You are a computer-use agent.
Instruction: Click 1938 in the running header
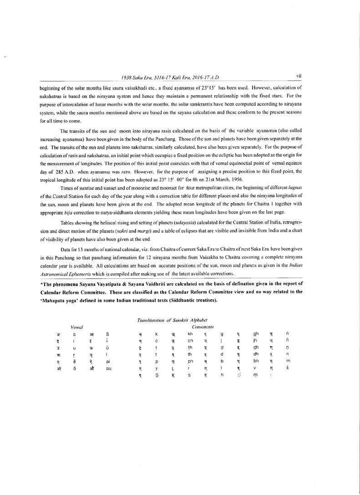pos(126,78)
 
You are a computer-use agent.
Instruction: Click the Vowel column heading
pos(76,327)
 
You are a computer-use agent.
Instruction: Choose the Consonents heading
pos(203,327)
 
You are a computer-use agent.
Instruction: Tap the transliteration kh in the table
pos(190,334)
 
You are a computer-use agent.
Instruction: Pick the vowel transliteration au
pos(108,368)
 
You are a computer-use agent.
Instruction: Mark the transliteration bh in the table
pos(255,361)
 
